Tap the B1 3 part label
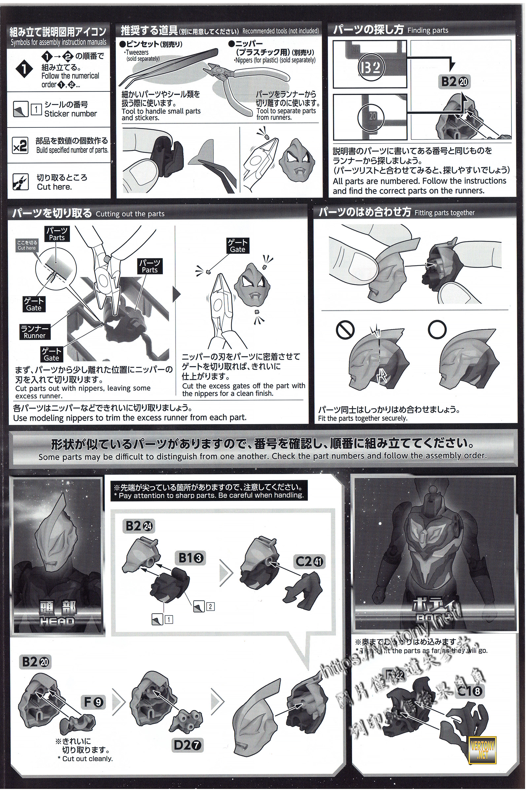191,558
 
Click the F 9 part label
93,702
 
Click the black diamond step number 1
24,69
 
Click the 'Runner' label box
35,332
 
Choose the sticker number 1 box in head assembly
169,619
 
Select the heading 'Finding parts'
428,30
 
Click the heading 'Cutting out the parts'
130,214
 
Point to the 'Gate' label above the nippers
237,246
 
